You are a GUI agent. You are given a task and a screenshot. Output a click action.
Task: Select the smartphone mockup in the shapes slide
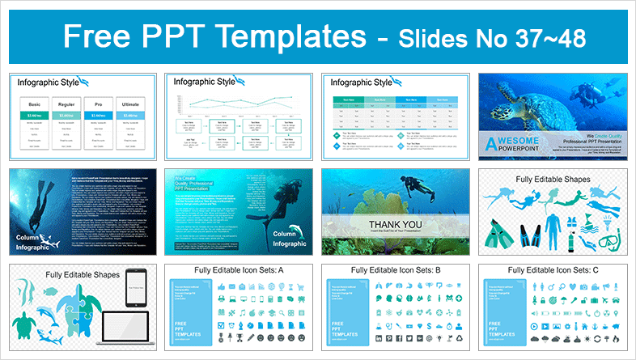pos(135,285)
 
